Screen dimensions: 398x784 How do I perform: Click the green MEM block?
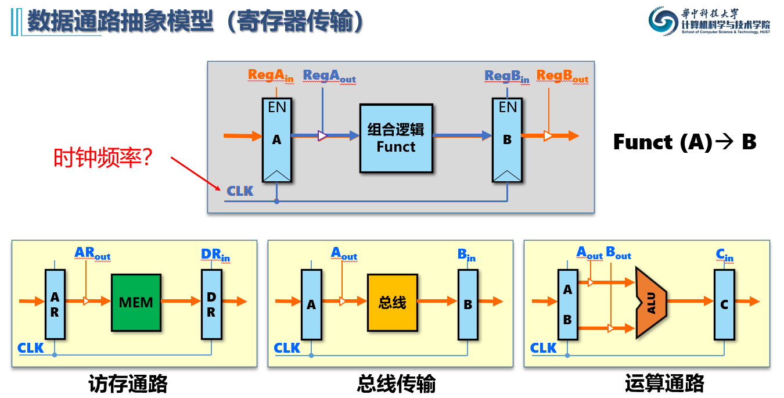(x=135, y=302)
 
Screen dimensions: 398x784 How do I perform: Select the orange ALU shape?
(x=650, y=302)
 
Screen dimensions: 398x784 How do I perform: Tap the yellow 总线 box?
(x=392, y=302)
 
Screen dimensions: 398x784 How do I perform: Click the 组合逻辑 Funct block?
(x=396, y=138)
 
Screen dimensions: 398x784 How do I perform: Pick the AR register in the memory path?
(x=55, y=304)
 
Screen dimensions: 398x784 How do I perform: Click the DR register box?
(x=211, y=304)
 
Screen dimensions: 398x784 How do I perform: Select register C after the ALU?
(x=724, y=304)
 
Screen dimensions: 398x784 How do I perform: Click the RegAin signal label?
(x=271, y=76)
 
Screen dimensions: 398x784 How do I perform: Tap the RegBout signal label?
(x=562, y=77)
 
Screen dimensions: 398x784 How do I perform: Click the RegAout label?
(x=329, y=76)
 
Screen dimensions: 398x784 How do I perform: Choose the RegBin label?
(x=507, y=76)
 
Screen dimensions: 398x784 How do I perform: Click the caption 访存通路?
(x=128, y=384)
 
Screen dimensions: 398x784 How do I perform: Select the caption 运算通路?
(x=664, y=384)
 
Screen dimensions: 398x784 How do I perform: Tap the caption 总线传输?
(x=396, y=384)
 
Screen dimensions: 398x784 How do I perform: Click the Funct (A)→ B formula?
(x=685, y=142)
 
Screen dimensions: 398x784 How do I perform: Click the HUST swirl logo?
(x=663, y=23)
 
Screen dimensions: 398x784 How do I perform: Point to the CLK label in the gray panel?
(x=240, y=191)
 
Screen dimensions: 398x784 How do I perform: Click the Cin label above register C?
(x=724, y=255)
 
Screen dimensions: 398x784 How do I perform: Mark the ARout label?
(x=92, y=254)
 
